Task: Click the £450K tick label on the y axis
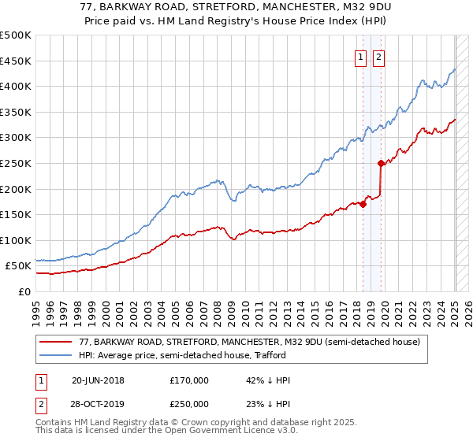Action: (x=16, y=61)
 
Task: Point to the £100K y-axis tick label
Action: (x=16, y=240)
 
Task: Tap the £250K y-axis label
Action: (x=16, y=163)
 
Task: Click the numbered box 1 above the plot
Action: (x=360, y=56)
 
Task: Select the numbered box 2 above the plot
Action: (x=378, y=56)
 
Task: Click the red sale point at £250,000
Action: (x=381, y=164)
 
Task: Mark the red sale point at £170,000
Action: (x=363, y=205)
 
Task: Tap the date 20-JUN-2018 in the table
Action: (x=98, y=380)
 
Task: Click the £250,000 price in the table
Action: (x=189, y=403)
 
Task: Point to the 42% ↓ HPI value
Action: (x=268, y=380)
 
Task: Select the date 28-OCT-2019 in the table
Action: (x=98, y=403)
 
